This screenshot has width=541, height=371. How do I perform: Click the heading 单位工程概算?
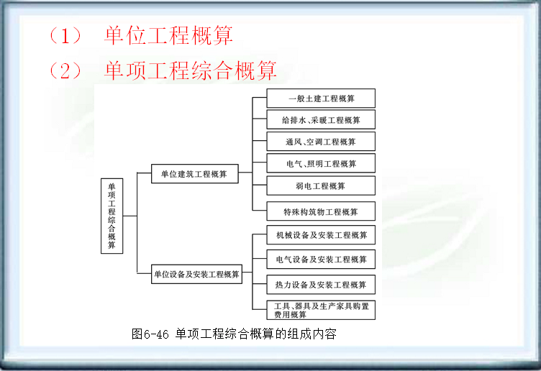168,35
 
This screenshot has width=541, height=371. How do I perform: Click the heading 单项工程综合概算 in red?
190,70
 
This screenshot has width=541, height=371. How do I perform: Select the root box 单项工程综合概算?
112,215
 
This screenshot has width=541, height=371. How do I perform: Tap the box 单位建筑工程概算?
194,173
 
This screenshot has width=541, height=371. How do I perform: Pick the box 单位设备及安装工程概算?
196,274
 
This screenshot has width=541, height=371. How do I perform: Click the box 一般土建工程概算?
321,98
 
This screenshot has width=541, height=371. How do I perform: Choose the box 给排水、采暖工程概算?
321,120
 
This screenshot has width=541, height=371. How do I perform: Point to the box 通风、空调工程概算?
321,142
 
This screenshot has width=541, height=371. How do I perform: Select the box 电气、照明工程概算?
321,165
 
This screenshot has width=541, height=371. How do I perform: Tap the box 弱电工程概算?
321,186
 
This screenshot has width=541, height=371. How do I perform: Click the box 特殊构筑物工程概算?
321,211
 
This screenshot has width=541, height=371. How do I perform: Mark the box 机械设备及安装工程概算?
321,235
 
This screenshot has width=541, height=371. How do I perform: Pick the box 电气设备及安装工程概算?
321,260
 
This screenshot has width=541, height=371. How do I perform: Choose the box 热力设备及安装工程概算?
321,285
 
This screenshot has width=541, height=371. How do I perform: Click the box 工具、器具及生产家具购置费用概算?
321,310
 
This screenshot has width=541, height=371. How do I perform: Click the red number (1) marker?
65,35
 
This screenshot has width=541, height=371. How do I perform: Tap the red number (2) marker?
65,70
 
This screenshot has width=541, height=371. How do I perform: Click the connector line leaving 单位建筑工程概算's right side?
245,173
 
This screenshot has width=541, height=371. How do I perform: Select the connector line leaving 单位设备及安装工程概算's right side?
247,274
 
